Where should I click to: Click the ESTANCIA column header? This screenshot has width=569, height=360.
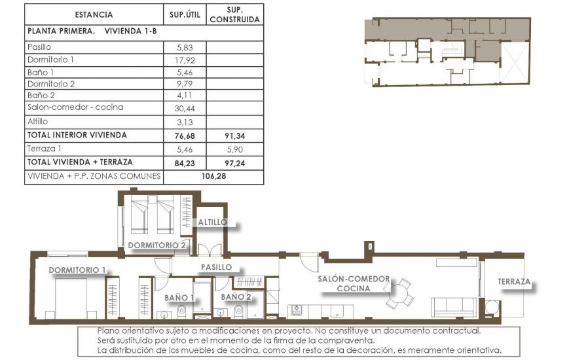click(94, 14)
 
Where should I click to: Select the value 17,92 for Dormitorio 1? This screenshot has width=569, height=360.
click(184, 60)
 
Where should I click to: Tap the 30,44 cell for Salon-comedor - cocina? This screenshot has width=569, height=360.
click(184, 108)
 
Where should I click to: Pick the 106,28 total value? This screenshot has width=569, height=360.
click(213, 177)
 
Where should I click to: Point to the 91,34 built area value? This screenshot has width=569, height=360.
click(234, 135)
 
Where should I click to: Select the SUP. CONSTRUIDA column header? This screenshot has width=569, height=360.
click(234, 14)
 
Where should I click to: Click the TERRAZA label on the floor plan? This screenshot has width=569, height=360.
click(514, 282)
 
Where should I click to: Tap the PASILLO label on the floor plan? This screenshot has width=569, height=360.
click(216, 267)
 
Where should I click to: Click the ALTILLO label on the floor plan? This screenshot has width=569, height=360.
click(213, 223)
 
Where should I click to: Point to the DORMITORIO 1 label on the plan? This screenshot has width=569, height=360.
click(77, 270)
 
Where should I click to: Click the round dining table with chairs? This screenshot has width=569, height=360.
click(398, 294)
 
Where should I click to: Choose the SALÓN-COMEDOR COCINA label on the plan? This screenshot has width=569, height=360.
click(354, 283)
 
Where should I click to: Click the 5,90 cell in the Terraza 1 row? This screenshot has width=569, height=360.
click(234, 149)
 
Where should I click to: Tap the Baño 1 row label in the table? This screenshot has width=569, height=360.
click(41, 72)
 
